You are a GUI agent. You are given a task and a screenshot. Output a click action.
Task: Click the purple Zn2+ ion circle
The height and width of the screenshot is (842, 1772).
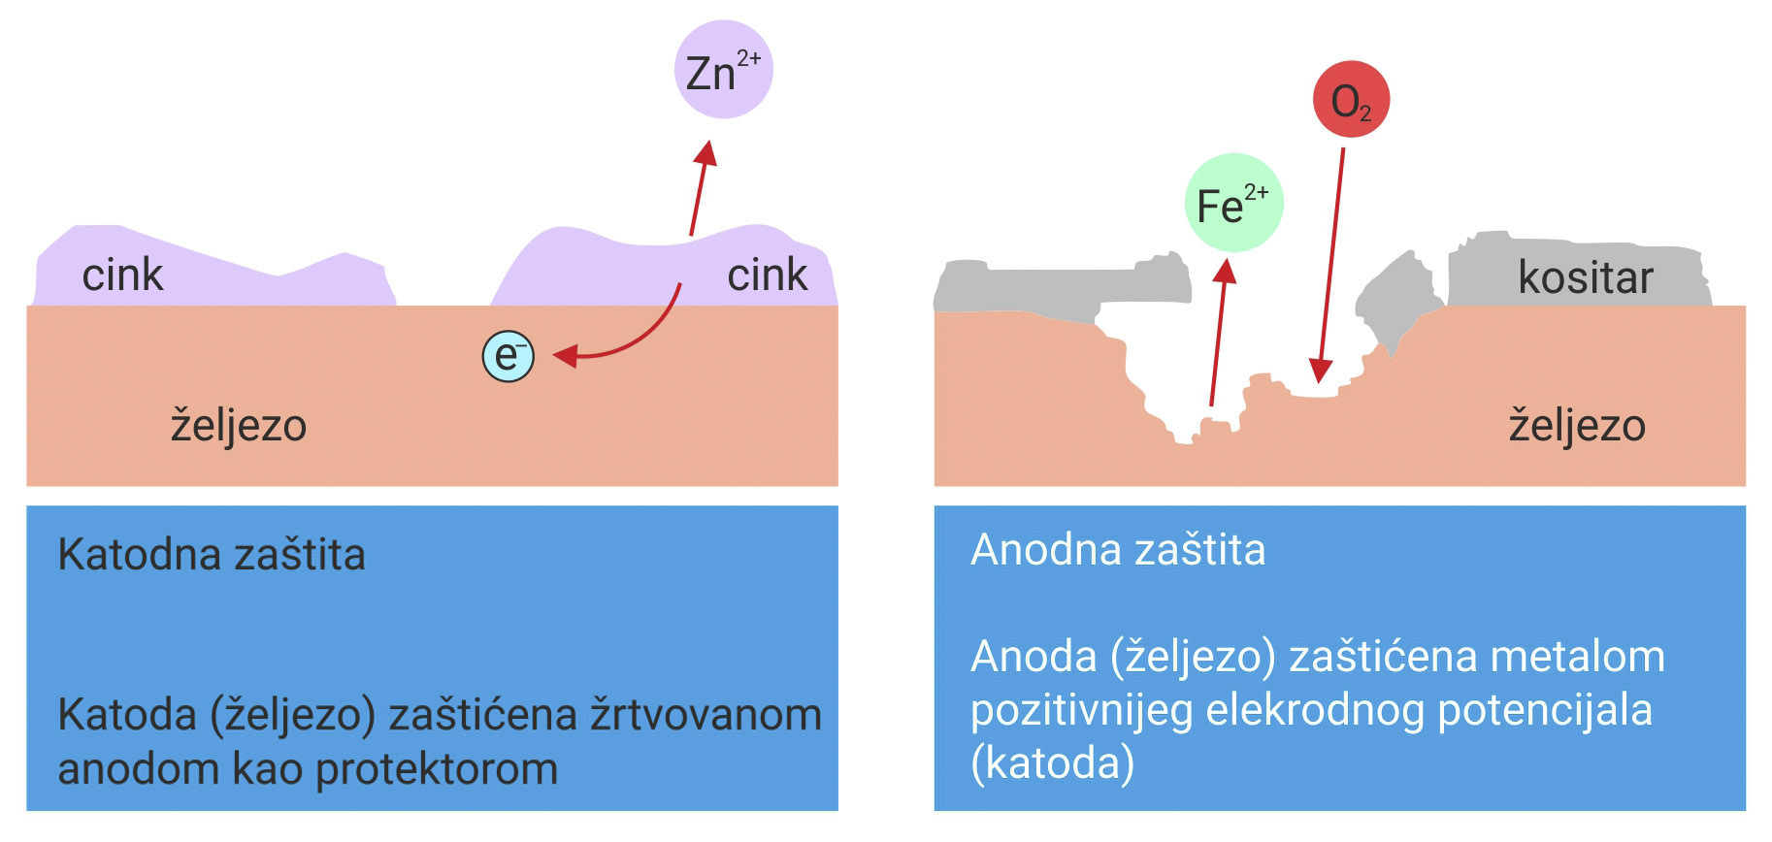coord(723,70)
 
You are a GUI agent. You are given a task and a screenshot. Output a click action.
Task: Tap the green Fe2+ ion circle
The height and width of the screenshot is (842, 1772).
coord(1233,203)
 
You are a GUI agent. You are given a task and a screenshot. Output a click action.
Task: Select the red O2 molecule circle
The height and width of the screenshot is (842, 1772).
coord(1351,99)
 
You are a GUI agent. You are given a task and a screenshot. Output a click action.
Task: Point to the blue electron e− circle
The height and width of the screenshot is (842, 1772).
coord(509,356)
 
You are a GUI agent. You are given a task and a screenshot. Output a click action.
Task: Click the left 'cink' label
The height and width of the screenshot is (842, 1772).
coord(122,275)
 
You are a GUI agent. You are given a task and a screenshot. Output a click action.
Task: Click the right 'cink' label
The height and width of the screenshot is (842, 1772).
coord(767,275)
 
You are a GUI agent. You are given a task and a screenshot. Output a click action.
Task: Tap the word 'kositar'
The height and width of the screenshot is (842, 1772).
coord(1585,278)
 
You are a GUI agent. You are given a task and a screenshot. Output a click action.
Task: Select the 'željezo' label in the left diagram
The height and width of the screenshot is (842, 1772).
coord(239,426)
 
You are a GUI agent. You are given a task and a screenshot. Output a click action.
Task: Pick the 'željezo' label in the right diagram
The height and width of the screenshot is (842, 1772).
coord(1577,426)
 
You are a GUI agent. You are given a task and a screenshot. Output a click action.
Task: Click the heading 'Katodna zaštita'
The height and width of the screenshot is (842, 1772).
coord(212,555)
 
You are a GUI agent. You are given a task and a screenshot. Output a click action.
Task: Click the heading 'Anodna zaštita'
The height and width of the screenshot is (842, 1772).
coord(1118,550)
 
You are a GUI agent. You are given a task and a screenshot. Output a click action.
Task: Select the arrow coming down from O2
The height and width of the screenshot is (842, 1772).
coord(1330,262)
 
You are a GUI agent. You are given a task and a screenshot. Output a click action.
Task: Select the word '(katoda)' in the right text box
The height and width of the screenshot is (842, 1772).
coord(1052,763)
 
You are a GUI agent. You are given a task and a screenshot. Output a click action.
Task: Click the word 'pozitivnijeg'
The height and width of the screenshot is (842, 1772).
coord(1081,710)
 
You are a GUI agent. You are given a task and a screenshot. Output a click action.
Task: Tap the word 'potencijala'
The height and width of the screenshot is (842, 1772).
coord(1544,710)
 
